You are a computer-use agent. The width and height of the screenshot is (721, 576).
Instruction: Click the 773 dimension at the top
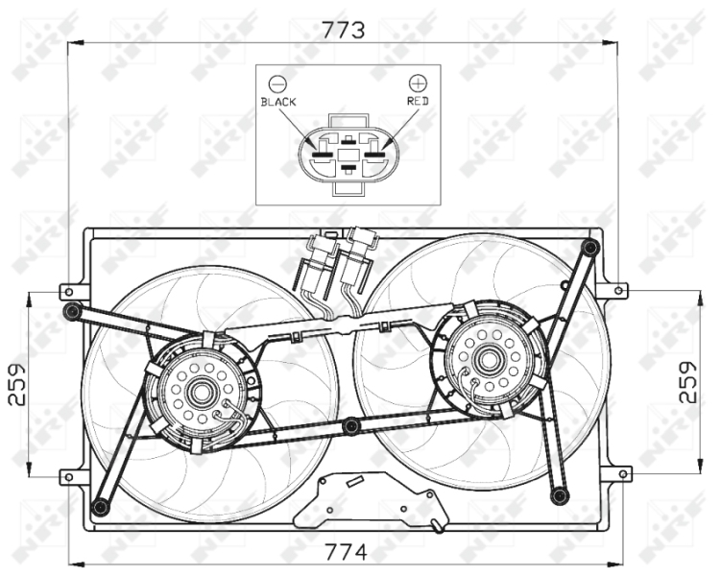tap(343, 30)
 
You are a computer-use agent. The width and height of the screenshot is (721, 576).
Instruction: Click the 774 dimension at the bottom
tap(346, 552)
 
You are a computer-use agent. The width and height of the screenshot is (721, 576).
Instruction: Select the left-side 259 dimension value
tap(17, 385)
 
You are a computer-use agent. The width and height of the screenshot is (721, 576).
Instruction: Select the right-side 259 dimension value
tap(688, 382)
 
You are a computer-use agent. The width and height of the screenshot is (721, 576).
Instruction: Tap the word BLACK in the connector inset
tap(278, 102)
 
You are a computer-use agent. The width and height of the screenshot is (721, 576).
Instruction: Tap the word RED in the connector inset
tap(418, 101)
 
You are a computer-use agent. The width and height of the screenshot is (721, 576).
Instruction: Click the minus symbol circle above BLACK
tap(277, 84)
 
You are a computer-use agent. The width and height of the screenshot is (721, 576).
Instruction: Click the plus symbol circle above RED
tap(418, 84)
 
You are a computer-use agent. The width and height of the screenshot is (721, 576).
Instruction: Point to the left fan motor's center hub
tap(200, 392)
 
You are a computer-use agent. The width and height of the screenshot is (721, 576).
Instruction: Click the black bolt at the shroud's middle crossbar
tap(351, 425)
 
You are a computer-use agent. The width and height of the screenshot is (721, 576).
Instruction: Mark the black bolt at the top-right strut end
tap(589, 249)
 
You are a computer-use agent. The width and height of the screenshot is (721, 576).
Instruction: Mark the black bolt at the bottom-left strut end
tap(100, 507)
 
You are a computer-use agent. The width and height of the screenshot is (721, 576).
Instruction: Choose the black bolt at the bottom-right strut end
tap(560, 495)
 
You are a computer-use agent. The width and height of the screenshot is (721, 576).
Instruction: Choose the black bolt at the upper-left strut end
tap(72, 312)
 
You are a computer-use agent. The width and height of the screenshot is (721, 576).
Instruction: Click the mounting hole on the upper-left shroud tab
tap(69, 292)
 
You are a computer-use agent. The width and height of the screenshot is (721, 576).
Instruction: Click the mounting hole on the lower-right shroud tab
tap(623, 474)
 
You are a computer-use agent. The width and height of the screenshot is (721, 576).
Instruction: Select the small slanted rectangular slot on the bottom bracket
tap(355, 482)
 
